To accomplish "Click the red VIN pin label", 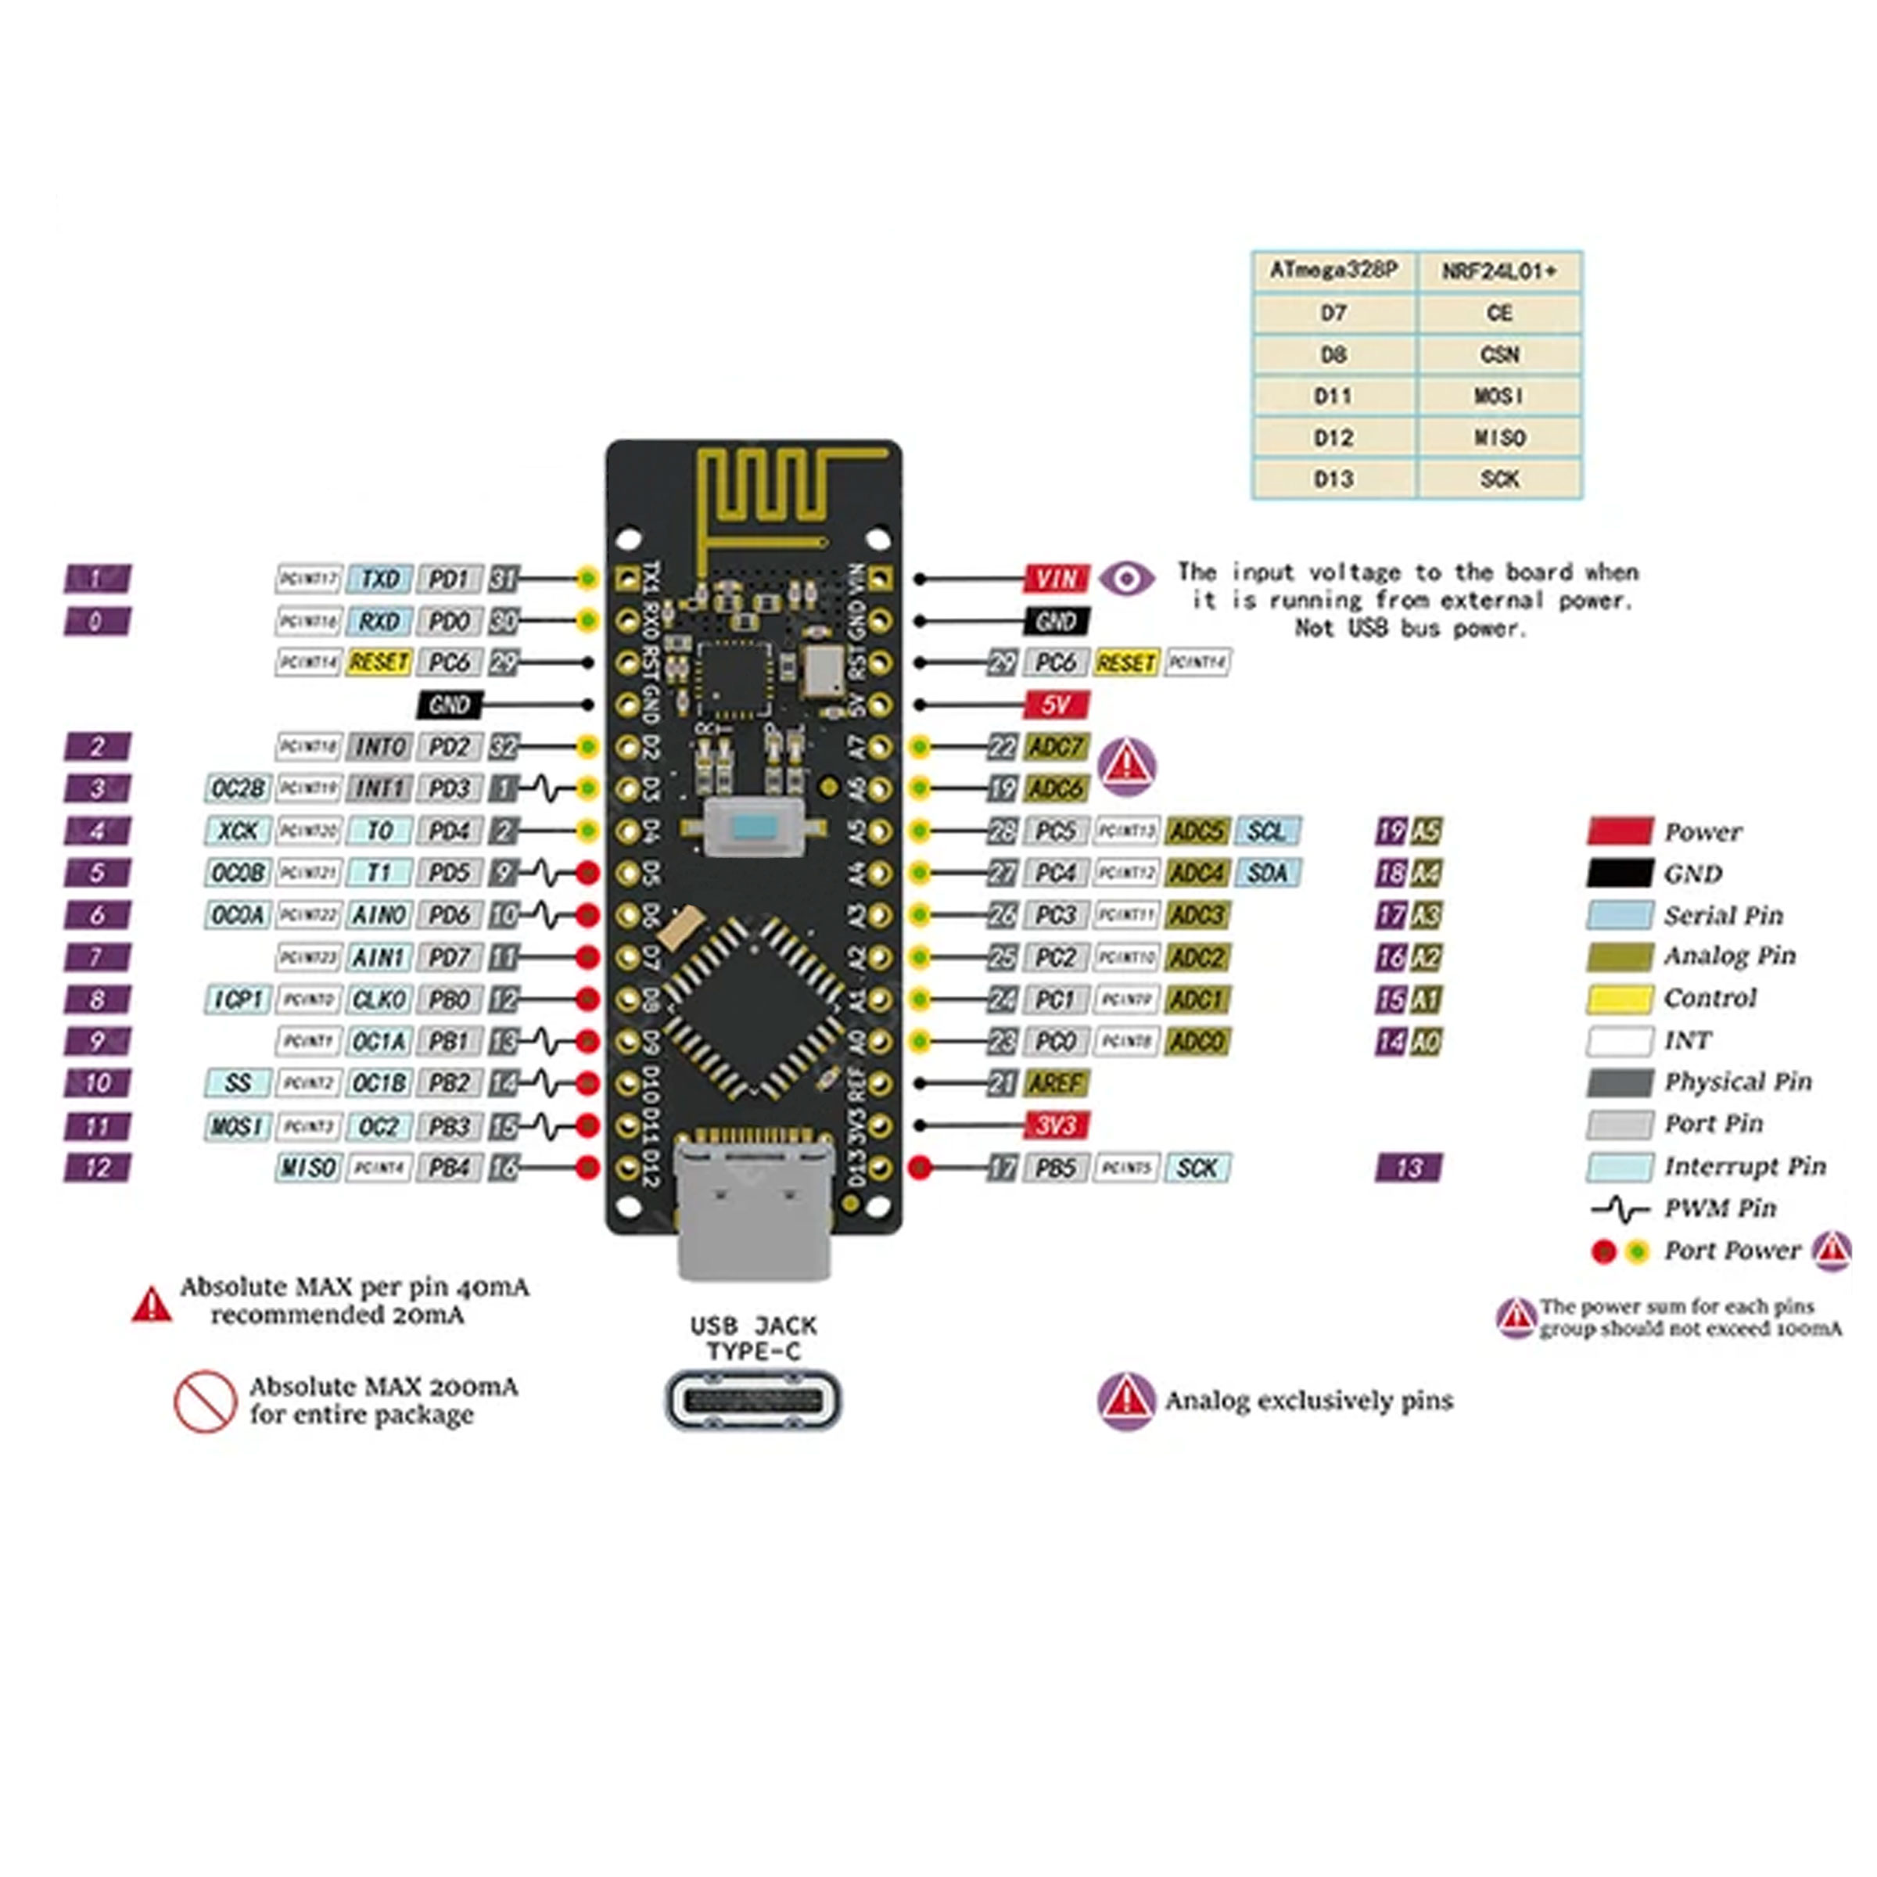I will pyautogui.click(x=1055, y=579).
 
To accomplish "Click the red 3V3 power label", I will pyautogui.click(x=1055, y=1125).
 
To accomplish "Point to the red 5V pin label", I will pyautogui.click(x=1055, y=705).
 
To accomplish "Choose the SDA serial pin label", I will pyautogui.click(x=1267, y=874).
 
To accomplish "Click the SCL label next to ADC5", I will pyautogui.click(x=1267, y=831).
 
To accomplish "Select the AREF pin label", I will pyautogui.click(x=1055, y=1083).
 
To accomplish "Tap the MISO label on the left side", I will pyautogui.click(x=307, y=1168).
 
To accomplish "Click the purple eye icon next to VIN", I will pyautogui.click(x=1126, y=579).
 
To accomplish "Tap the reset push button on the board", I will pyautogui.click(x=754, y=827).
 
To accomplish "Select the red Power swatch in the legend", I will pyautogui.click(x=1619, y=831).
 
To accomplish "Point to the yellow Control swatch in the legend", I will pyautogui.click(x=1619, y=999).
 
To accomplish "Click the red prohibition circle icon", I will pyautogui.click(x=204, y=1401).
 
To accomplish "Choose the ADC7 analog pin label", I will pyautogui.click(x=1055, y=747).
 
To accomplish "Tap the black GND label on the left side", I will pyautogui.click(x=449, y=705).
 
